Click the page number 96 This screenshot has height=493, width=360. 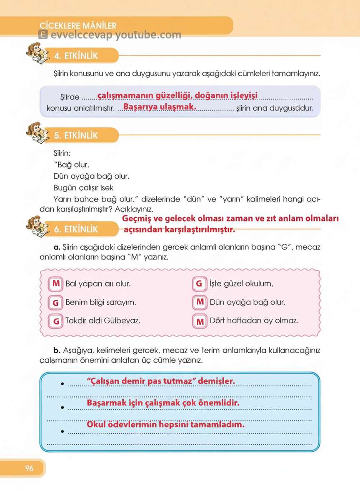(x=29, y=468)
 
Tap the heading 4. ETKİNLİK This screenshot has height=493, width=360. (x=76, y=56)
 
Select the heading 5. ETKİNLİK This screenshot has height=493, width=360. (x=76, y=135)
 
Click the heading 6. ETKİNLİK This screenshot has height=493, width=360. (x=76, y=229)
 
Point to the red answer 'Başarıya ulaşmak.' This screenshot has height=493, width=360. (x=160, y=107)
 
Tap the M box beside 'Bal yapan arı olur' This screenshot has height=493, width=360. (x=55, y=284)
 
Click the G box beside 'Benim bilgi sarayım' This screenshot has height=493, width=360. (x=55, y=303)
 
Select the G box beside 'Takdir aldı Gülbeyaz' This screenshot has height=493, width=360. (x=55, y=321)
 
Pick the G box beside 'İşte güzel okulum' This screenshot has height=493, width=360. (x=200, y=284)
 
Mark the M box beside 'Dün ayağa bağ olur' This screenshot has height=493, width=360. (x=200, y=302)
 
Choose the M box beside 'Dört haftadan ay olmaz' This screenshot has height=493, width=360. (x=200, y=321)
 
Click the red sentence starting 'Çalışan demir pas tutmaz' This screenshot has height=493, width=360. (x=161, y=381)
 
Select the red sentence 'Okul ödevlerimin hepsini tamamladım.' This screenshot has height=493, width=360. (x=165, y=425)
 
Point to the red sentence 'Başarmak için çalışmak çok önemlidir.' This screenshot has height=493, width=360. (x=163, y=403)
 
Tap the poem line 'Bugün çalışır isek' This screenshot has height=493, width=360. (x=84, y=188)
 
